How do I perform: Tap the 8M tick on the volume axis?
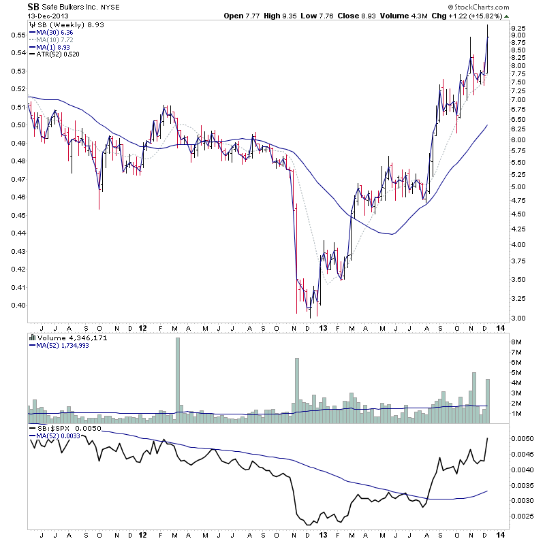tap(516, 342)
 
